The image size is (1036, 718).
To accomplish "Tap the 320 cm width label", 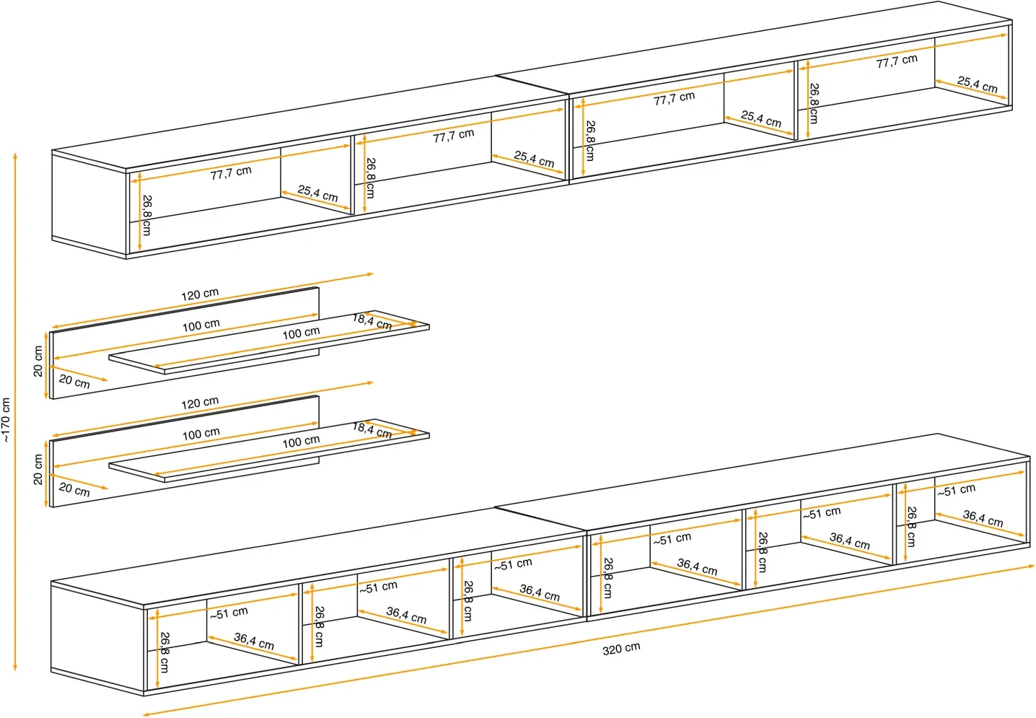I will tap(621, 649).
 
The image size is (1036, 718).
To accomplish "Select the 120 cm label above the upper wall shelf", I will tap(200, 294).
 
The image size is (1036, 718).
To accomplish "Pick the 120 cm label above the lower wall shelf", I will tap(200, 403).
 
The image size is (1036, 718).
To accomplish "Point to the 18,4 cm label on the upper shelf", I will tap(372, 321).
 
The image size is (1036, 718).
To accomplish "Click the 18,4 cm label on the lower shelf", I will tap(372, 430).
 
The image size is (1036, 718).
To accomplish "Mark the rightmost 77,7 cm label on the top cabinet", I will tap(897, 61).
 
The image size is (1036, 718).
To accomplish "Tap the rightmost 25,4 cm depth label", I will tap(977, 84).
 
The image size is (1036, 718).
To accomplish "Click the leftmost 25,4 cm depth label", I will tap(317, 193).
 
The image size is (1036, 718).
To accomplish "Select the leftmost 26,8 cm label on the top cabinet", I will tap(146, 215).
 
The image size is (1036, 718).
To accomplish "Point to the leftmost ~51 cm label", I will tap(229, 613).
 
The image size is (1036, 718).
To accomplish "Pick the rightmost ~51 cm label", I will tap(956, 491).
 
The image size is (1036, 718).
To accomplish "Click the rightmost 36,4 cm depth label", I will tap(983, 518).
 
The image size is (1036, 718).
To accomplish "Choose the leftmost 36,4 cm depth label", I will tap(253, 641).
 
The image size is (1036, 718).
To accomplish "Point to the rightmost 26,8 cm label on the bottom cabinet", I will tap(911, 526).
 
